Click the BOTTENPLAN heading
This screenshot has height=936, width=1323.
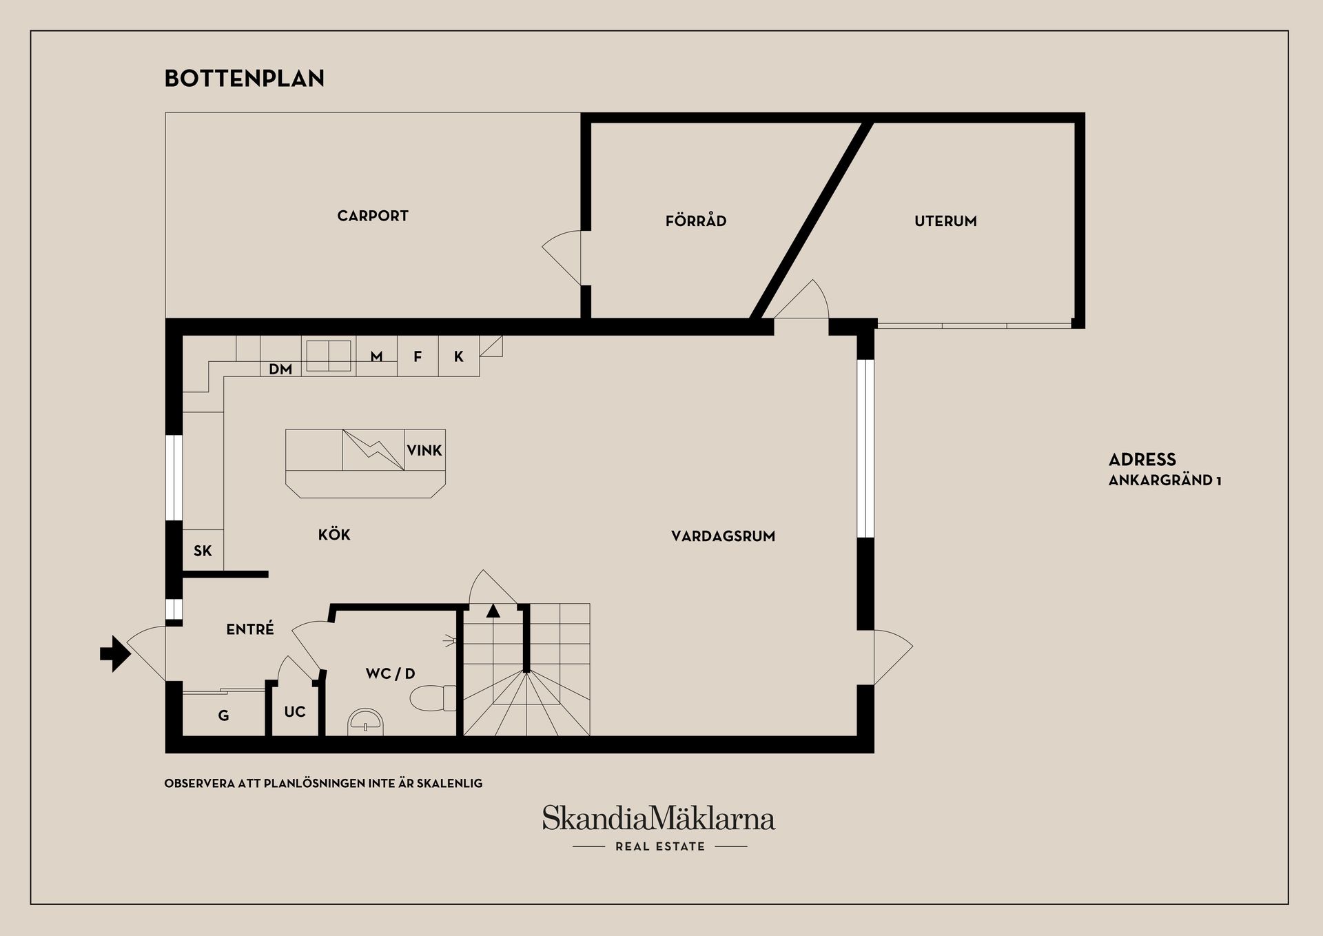[245, 79]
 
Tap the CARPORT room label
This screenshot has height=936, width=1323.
[373, 216]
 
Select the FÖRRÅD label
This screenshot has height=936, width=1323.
[696, 221]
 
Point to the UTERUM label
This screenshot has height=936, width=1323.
[945, 221]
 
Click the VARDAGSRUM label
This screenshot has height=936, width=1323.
[724, 536]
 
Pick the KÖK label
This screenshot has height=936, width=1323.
[334, 534]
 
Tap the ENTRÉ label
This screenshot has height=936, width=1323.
[250, 629]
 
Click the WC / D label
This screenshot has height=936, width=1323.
[391, 673]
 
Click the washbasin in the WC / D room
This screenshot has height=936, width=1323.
[366, 722]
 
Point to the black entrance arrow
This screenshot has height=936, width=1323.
[115, 653]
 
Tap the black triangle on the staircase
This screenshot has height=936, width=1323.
[493, 611]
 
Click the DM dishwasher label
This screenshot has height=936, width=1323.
[280, 369]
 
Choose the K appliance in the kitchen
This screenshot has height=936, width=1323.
[459, 356]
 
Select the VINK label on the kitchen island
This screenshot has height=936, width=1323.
[424, 451]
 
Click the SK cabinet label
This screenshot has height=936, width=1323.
[203, 551]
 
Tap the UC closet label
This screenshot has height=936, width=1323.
[295, 712]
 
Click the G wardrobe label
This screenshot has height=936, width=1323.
[223, 716]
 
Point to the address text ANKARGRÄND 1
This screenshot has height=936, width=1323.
[1165, 480]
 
